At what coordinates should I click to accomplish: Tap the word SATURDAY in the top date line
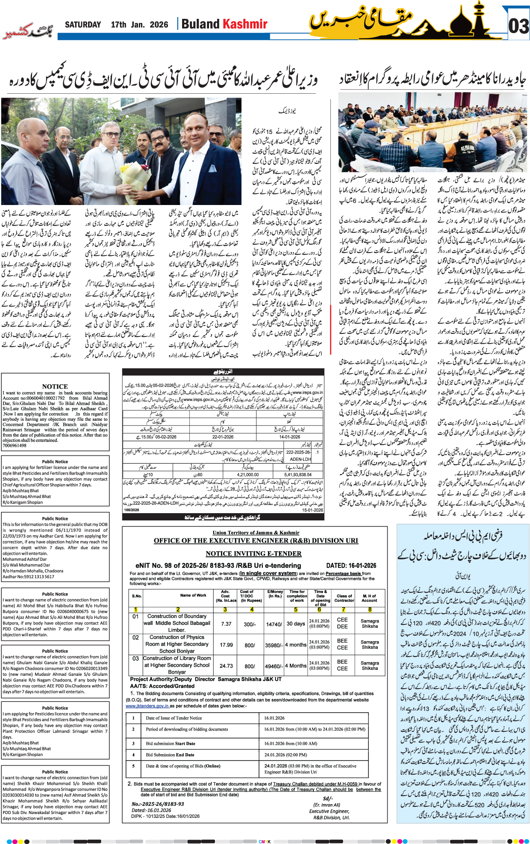point(83,25)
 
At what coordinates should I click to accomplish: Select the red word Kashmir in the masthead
point(245,24)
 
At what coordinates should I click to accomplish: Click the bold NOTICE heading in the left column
point(55,386)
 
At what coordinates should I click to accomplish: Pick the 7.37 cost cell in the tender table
point(226,624)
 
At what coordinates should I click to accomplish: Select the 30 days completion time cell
point(296,624)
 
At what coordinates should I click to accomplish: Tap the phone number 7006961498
point(15,446)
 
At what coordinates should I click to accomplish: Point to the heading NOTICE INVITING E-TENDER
point(253,553)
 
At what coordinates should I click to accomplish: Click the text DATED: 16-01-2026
point(351,565)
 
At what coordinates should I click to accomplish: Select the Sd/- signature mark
point(327,798)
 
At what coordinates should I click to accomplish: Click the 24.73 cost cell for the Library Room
point(226,666)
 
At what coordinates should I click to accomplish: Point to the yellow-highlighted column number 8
point(370,609)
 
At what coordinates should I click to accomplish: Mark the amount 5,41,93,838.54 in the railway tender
point(297,475)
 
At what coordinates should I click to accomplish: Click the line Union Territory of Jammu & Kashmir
point(256,532)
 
